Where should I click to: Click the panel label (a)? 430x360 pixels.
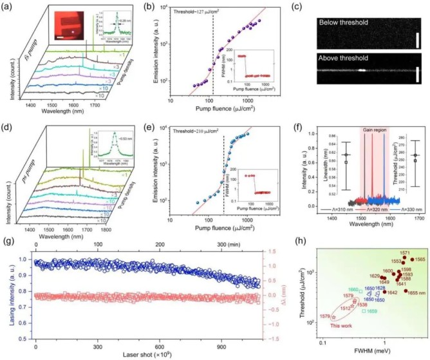[9, 6]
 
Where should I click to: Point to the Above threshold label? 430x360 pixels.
[342, 60]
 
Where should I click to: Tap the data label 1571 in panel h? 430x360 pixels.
[405, 253]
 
